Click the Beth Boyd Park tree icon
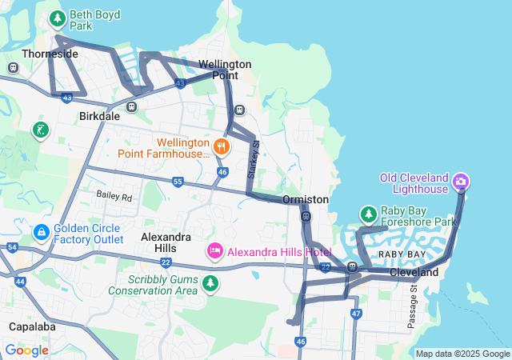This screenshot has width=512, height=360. click(x=57, y=18)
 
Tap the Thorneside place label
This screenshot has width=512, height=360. click(x=50, y=54)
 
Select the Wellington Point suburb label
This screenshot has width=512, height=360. click(x=225, y=70)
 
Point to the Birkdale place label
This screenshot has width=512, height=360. click(x=99, y=116)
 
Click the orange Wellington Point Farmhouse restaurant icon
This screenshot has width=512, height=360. click(x=222, y=147)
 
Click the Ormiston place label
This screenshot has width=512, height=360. click(x=305, y=199)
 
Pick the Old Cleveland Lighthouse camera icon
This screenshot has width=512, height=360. click(x=461, y=182)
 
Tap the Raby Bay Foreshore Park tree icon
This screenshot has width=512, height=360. click(x=368, y=214)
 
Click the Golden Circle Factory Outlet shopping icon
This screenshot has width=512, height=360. click(x=41, y=232)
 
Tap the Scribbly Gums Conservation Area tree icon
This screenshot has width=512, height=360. click(x=210, y=283)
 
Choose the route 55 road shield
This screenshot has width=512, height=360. click(x=178, y=182)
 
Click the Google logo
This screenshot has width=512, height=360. click(x=26, y=350)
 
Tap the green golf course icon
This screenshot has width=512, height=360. click(x=40, y=130)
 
